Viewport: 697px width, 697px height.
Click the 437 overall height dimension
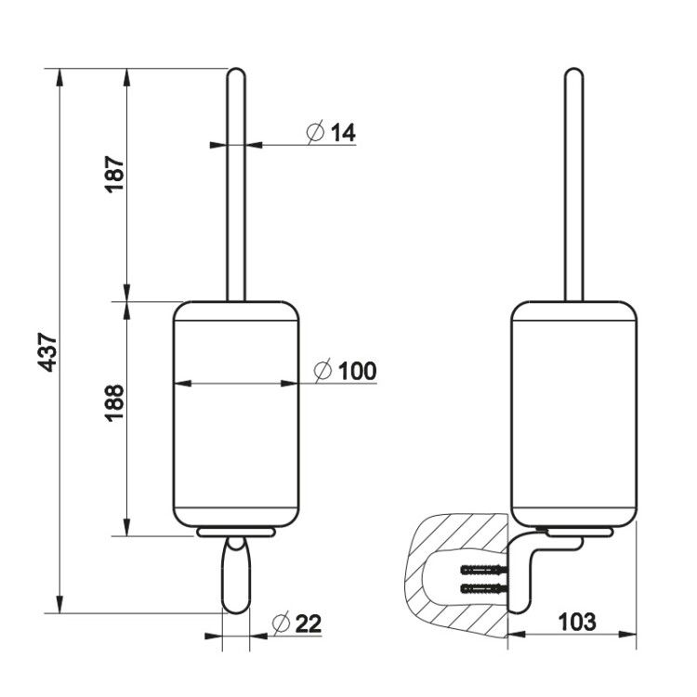(47, 351)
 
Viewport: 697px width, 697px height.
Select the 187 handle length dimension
(114, 174)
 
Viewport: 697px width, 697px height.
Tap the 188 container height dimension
(114, 402)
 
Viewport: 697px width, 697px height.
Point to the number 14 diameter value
(343, 133)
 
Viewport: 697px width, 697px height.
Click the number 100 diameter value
(358, 371)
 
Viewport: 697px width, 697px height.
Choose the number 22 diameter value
(308, 624)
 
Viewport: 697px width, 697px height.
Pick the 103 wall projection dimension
(576, 622)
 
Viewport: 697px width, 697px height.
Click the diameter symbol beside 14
(316, 132)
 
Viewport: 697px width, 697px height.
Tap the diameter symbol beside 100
(322, 370)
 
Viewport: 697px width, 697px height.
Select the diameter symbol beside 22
(281, 623)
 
